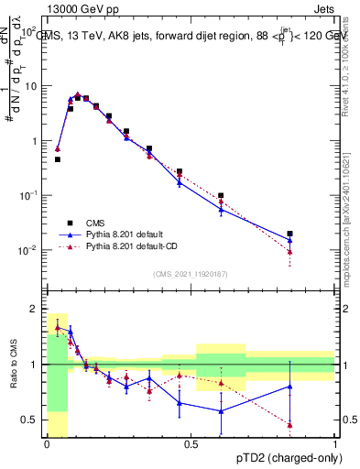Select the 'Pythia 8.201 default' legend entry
(x=111, y=234)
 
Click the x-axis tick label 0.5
(x=191, y=443)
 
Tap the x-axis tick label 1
(x=335, y=443)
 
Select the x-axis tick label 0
(x=46, y=443)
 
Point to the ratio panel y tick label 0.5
(x=29, y=420)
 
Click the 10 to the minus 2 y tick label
(x=27, y=250)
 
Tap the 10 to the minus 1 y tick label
(x=27, y=195)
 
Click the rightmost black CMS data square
(x=289, y=234)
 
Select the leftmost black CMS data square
(x=58, y=159)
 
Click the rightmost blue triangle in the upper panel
(x=289, y=240)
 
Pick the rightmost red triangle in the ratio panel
(x=289, y=424)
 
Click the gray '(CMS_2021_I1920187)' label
(x=191, y=273)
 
